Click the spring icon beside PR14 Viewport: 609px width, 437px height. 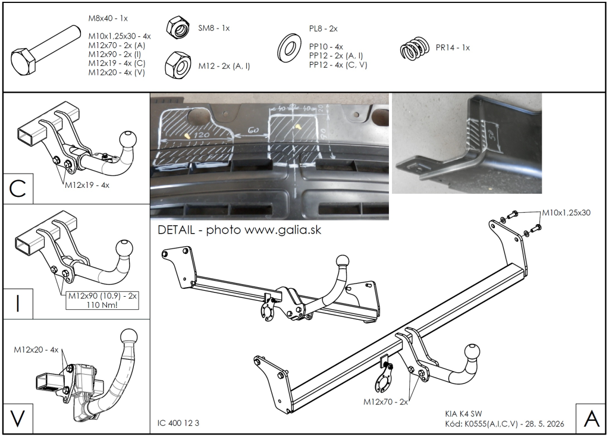(x=415, y=49)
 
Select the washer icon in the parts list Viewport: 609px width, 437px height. (x=290, y=48)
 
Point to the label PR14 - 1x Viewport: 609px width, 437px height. (x=453, y=48)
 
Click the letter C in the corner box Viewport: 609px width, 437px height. (x=17, y=189)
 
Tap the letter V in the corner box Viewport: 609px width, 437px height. (x=17, y=419)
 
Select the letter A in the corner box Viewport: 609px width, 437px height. (x=592, y=419)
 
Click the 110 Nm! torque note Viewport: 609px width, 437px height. (x=102, y=304)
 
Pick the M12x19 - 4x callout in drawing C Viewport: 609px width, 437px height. (x=87, y=186)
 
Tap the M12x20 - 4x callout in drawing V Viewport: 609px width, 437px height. (x=36, y=350)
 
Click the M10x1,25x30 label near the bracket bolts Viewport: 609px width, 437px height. (x=566, y=213)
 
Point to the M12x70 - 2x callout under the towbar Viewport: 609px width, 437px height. (x=385, y=402)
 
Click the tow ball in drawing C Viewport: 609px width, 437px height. (x=128, y=139)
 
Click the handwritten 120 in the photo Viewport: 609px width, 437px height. (x=201, y=135)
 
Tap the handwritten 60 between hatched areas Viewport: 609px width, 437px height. (x=253, y=131)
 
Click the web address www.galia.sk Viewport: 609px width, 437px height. (x=283, y=230)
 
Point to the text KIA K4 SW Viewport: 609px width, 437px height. (x=463, y=414)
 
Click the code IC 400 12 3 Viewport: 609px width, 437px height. (x=178, y=423)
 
